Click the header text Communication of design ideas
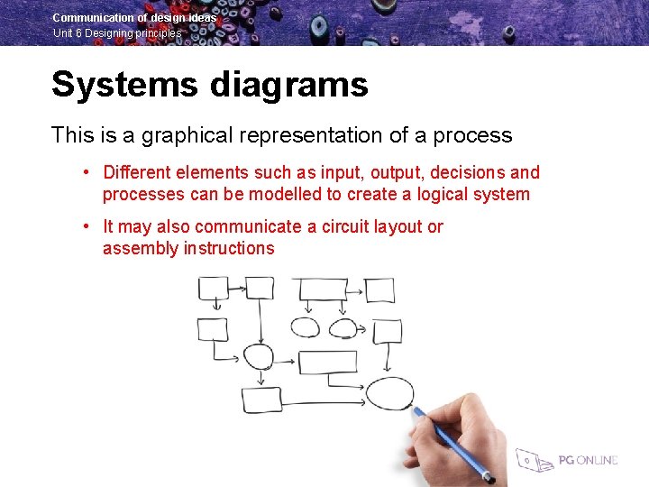pos(134,17)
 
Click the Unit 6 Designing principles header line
pos(117,33)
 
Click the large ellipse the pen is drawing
pos(389,394)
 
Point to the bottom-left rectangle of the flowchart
pos(261,400)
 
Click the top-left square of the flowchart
pos(214,289)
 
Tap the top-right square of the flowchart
pos(379,289)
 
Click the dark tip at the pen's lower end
pos(489,475)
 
